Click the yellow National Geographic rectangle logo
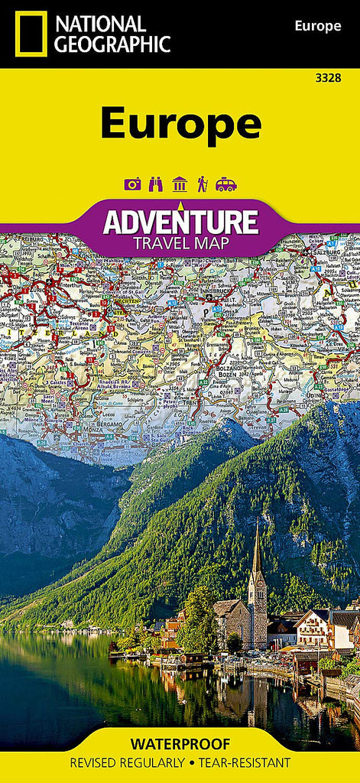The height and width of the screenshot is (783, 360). [x=31, y=34]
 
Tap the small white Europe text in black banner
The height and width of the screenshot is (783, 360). [x=317, y=27]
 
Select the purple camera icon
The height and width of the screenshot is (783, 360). [x=132, y=184]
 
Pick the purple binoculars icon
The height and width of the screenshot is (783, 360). [x=156, y=184]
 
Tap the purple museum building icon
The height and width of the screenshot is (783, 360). [x=180, y=184]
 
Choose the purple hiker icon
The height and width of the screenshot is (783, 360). [x=202, y=184]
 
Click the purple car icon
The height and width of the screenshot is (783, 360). [x=226, y=184]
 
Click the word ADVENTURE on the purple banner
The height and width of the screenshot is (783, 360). [x=180, y=223]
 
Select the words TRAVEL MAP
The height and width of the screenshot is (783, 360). [x=180, y=244]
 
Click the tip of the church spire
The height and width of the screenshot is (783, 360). [x=256, y=525]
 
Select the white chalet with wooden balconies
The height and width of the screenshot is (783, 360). [x=314, y=626]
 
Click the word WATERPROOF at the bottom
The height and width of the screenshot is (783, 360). [x=180, y=742]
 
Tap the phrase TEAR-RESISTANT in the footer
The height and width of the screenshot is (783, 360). [x=242, y=762]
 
